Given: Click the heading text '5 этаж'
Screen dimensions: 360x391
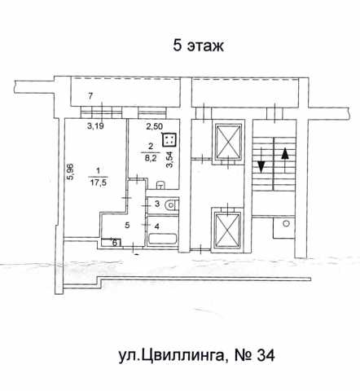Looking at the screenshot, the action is coord(199,46).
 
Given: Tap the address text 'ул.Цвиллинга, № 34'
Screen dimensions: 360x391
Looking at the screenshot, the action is coord(197,355).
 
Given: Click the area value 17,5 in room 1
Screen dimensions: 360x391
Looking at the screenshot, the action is coord(99,182).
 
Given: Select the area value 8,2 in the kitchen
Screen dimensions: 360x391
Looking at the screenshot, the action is coord(151,158).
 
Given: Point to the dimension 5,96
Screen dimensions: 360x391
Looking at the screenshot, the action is coord(71,172).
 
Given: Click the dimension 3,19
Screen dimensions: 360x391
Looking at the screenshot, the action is coord(95,126).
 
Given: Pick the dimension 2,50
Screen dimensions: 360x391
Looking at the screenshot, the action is coord(154,126).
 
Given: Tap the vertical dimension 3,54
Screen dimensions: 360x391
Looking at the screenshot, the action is coord(169,160).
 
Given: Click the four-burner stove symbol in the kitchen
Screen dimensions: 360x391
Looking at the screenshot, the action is coord(169,140).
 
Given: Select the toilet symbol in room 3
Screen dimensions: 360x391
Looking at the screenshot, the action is coord(171,204).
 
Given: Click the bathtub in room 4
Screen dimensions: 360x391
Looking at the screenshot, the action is coord(162,239).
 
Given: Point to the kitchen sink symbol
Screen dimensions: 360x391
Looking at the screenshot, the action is coord(160,185).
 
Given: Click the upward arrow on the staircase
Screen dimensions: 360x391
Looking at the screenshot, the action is coord(285,160).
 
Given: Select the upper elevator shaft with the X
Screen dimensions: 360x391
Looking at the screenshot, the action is coord(228,141).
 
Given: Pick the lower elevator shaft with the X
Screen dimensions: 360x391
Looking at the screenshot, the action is coord(228,230).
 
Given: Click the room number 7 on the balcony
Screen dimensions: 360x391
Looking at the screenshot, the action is coord(90,95).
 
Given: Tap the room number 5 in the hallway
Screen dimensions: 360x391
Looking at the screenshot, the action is coord(127,225).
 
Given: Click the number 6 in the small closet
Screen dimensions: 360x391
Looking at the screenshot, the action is coord(115,243).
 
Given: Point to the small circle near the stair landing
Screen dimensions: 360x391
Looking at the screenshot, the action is coord(285,224).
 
